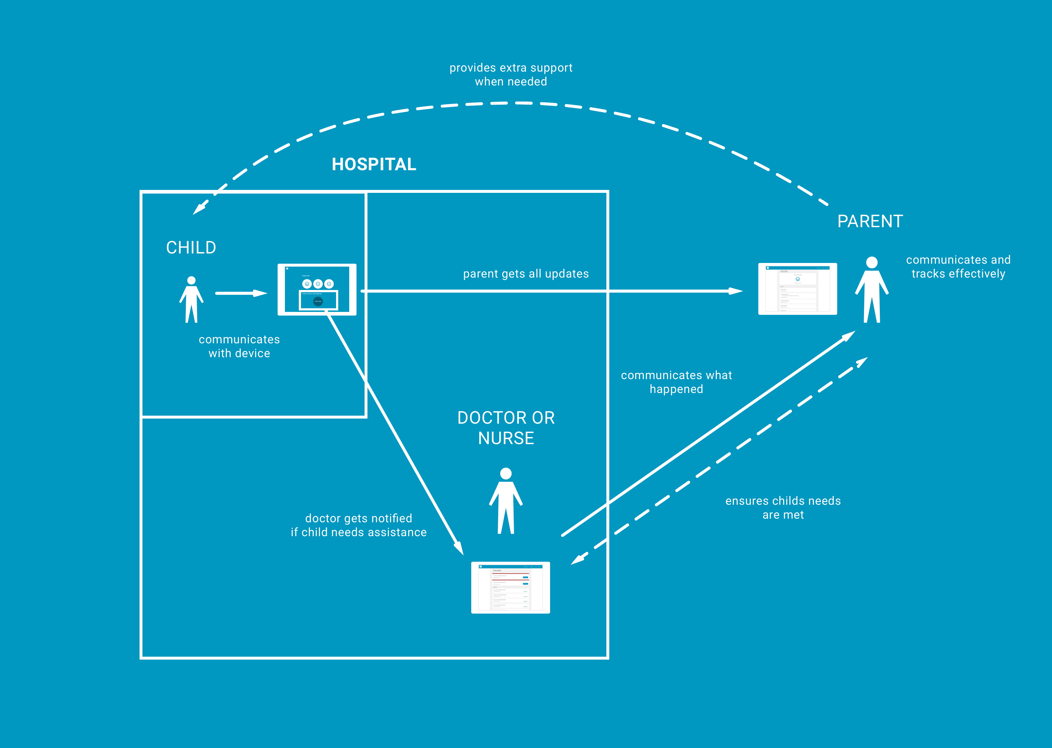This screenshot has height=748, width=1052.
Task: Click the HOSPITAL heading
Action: (374, 164)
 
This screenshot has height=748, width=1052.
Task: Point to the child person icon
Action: (191, 299)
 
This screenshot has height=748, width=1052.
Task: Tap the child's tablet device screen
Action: (317, 289)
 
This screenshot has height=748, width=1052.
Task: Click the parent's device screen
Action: (797, 289)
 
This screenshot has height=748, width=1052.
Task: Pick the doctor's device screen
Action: (510, 587)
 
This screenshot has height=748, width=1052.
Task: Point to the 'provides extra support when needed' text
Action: (511, 75)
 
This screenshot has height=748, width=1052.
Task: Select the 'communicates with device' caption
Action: (239, 346)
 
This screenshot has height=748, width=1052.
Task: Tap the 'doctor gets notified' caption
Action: (358, 525)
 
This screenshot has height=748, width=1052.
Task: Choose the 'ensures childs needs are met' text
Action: (783, 508)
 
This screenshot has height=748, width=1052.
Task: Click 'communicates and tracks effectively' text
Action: (958, 267)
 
